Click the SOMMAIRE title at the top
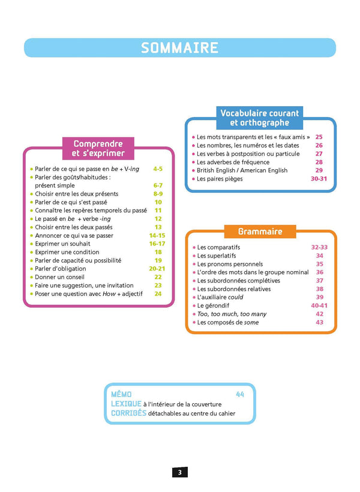pos(179,48)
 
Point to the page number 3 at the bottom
pos(179,472)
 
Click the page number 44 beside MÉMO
pos(240,394)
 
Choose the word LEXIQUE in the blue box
pos(126,404)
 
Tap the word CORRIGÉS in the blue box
pos(128,413)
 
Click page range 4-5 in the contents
pos(158,169)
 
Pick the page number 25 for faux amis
pos(319,137)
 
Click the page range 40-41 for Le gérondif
pos(319,305)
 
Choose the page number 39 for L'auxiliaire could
pos(319,297)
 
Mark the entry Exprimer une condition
pos(69,252)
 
